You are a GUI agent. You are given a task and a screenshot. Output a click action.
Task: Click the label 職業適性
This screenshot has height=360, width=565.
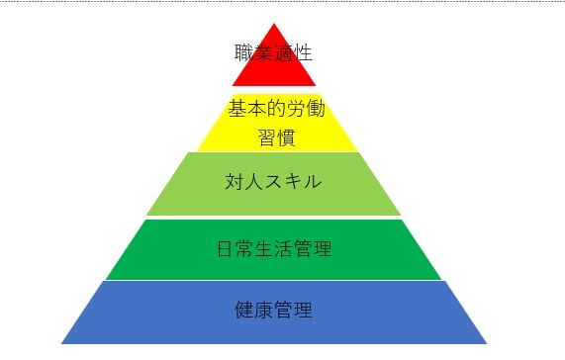pos(274,52)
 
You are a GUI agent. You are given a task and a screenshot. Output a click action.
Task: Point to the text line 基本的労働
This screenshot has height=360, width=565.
pos(276,108)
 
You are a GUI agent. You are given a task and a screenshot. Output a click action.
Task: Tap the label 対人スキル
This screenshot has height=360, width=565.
pos(274,183)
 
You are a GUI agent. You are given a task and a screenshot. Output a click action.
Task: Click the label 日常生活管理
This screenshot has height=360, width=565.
pos(274,248)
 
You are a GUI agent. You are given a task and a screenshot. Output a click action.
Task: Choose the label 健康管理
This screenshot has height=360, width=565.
pos(274,311)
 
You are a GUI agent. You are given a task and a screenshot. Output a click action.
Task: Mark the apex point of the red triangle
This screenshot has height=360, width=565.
pos(274,23)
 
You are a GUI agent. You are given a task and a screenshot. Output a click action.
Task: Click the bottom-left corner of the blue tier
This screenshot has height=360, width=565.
pos(61,343)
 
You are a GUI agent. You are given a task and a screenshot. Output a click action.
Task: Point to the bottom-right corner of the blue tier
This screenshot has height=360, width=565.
pos(487,343)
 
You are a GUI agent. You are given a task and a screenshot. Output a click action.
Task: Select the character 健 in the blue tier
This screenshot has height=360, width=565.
pos(244,311)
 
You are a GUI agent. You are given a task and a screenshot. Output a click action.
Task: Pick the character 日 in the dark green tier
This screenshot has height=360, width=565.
pos(226,248)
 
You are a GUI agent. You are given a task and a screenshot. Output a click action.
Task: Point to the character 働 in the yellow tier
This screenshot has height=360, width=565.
pos(316,108)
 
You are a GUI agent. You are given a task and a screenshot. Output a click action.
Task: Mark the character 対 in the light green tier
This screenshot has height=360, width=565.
pos(235,183)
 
